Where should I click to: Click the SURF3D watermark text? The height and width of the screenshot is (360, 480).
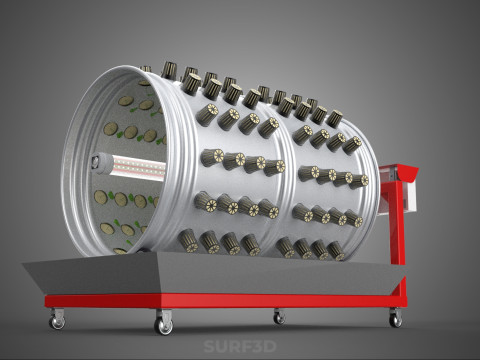coord(239,348)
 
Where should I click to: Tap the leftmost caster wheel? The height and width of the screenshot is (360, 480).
coord(57,322)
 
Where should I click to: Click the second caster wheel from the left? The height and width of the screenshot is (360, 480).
coord(163,326)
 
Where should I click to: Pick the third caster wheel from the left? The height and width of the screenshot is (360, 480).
coord(278,318)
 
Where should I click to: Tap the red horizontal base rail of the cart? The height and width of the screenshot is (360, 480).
coord(220,300)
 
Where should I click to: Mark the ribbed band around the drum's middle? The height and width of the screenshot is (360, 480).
coord(291,165)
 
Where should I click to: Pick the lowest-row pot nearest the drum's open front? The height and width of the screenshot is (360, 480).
coord(188,239)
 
